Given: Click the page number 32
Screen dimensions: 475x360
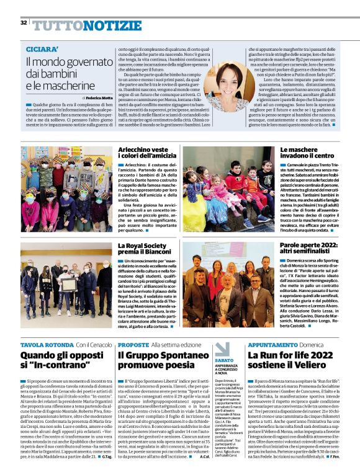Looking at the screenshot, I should (x=23, y=23).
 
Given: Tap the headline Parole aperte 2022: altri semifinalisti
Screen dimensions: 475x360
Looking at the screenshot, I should (x=308, y=251).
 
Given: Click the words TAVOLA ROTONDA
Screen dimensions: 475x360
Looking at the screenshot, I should (x=47, y=344).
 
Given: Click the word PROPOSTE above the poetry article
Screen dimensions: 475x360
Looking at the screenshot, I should (x=133, y=344).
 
